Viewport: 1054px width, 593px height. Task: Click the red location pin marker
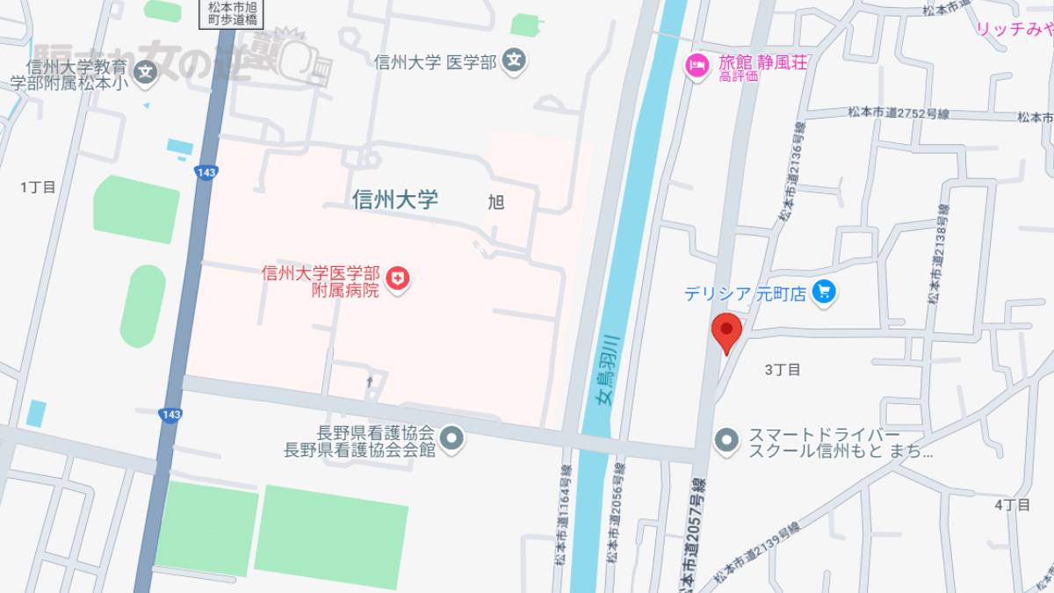coord(726,331)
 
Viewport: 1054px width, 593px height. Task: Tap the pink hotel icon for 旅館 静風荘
coord(697,64)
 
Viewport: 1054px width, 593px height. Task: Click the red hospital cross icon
coord(400,279)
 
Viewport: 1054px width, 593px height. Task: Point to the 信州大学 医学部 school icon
coord(516,61)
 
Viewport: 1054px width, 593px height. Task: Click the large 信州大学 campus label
coord(394,199)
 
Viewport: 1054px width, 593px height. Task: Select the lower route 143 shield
coord(170,414)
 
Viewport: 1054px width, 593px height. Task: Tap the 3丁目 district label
coord(782,370)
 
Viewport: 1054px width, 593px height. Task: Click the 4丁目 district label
coord(1011,504)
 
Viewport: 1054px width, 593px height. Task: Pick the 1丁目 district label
coord(38,187)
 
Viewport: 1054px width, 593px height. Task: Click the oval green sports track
coord(142,306)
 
